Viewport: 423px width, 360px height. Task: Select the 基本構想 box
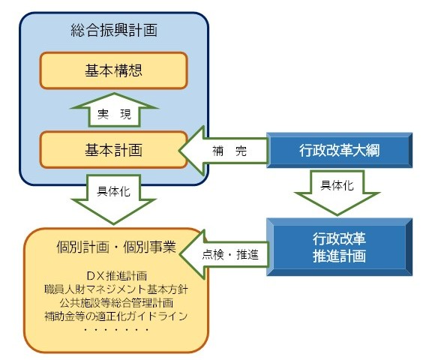point(114,71)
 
